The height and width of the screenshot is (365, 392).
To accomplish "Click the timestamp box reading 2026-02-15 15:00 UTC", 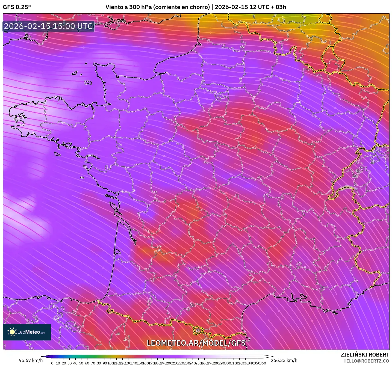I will point(49,26).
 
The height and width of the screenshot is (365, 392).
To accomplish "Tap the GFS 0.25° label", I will point(17,7).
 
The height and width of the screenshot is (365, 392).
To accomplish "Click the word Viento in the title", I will point(114,7).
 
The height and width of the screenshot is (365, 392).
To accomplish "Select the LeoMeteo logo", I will point(27,332).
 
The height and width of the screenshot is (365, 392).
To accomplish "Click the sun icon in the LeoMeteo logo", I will point(12,332).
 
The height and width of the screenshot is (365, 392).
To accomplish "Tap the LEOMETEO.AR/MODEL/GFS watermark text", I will point(196,343).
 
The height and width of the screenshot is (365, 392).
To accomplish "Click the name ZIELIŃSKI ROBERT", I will point(365,355).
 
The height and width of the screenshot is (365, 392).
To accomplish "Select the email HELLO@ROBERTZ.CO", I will point(366,361).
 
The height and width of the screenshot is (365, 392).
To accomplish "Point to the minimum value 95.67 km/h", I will point(31,360).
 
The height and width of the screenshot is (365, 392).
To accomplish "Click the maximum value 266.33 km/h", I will point(284,360).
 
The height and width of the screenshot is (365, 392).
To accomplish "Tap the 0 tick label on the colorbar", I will point(52,363).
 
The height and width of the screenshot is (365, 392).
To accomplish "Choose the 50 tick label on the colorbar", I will point(81,363).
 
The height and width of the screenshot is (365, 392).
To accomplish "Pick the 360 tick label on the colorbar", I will point(263,363).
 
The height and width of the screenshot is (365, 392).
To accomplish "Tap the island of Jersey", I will point(88,82).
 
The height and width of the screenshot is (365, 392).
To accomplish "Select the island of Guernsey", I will point(75,73).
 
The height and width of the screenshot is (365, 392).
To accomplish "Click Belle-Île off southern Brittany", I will point(57,154).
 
